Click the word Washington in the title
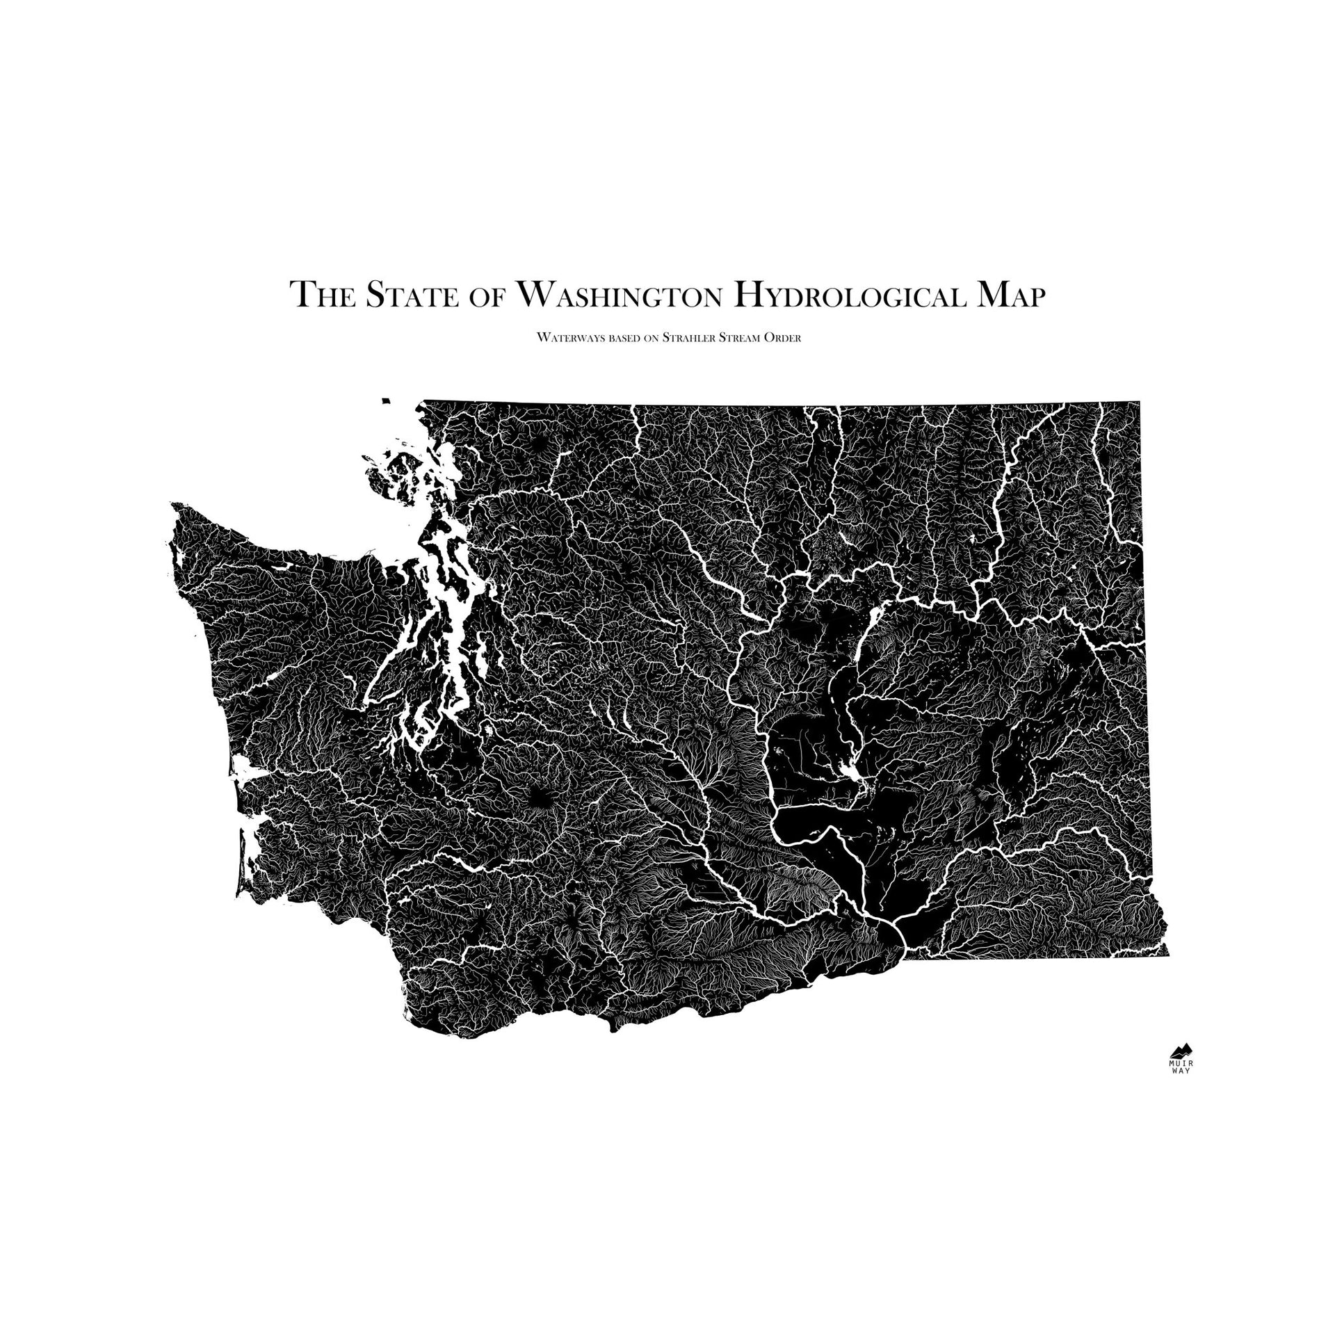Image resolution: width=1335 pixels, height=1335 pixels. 619,295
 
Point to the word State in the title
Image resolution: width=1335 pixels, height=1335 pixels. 412,295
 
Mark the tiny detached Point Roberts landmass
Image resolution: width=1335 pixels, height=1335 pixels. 387,400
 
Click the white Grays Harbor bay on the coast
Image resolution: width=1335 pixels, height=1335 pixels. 245,768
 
